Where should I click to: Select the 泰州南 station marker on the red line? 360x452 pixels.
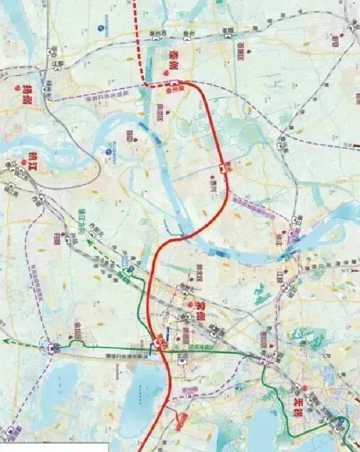click(175, 84)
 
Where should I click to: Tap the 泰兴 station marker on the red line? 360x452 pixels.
click(222, 169)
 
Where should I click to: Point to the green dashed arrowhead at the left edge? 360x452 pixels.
click(5, 341)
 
